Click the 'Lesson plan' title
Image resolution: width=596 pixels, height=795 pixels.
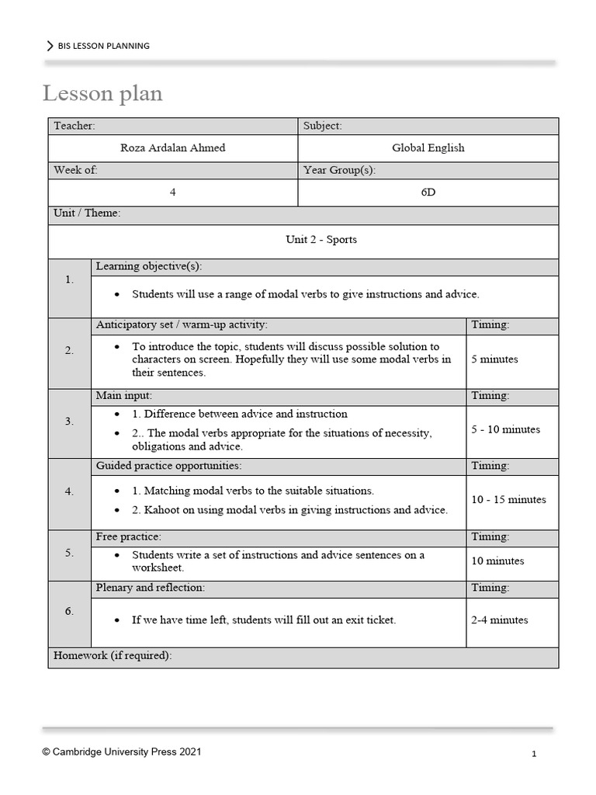[102, 94]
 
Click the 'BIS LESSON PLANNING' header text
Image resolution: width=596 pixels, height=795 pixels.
[103, 46]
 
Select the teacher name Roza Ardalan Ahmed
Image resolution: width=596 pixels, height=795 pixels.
[172, 148]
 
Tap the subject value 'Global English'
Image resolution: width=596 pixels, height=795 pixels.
[428, 148]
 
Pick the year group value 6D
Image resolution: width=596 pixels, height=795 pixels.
[428, 192]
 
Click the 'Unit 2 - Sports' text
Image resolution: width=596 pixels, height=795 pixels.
[321, 239]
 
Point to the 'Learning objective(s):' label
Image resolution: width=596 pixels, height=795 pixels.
[148, 266]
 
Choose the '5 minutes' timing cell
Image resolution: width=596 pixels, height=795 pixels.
[494, 359]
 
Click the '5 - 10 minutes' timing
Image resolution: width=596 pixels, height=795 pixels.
[505, 429]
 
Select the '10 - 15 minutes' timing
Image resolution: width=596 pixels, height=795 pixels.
[508, 499]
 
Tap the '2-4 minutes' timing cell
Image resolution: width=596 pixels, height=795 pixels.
[499, 620]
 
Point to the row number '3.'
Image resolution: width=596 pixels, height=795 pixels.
[70, 422]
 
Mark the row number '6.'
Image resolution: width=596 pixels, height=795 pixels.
[70, 611]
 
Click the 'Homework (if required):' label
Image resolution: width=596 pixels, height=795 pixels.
[113, 656]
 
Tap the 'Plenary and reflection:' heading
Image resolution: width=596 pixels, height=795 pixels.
[150, 588]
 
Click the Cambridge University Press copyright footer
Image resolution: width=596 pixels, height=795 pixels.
[125, 752]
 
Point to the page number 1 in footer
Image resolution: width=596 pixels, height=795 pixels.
[535, 754]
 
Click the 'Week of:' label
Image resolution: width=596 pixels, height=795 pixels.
[75, 170]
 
